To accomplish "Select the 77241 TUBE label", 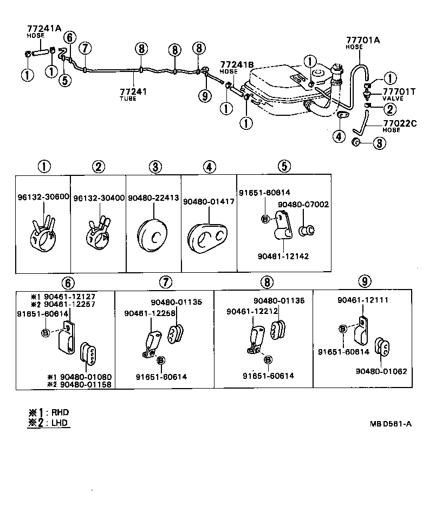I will point(133,92).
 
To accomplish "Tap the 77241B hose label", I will point(237,64).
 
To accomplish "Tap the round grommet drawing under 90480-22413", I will point(154,236).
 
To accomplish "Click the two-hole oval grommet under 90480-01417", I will point(209,237).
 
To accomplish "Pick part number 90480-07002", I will point(303,205).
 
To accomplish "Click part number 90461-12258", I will point(145,313).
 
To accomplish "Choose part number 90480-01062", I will point(381,371).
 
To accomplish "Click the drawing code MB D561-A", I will point(387,424).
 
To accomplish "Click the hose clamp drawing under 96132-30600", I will point(42,234).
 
